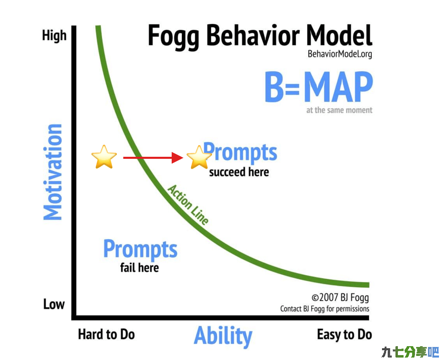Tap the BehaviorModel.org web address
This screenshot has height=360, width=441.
point(340,54)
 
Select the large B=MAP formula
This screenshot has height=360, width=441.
point(319,87)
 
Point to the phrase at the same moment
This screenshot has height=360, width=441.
point(339,110)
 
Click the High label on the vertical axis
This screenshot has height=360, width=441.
point(54,36)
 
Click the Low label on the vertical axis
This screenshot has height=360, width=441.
point(54,304)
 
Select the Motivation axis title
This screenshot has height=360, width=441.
point(52,172)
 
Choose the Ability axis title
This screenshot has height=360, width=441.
point(223,336)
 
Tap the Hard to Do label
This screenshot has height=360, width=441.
point(106,334)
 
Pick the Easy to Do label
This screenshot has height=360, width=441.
point(345,335)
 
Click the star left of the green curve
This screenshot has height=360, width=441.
point(104,157)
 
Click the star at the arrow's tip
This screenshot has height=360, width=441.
point(199,157)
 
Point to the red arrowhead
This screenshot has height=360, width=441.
point(177,158)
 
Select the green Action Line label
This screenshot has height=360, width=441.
point(188,204)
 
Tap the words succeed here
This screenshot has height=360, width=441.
point(239,172)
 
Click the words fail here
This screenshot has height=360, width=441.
point(140,268)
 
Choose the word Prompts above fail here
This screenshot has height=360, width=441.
point(140,249)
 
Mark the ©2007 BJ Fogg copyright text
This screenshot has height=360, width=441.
point(340,298)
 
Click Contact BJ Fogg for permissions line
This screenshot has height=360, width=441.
point(325,309)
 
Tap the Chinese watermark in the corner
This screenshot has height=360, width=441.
point(410,352)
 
